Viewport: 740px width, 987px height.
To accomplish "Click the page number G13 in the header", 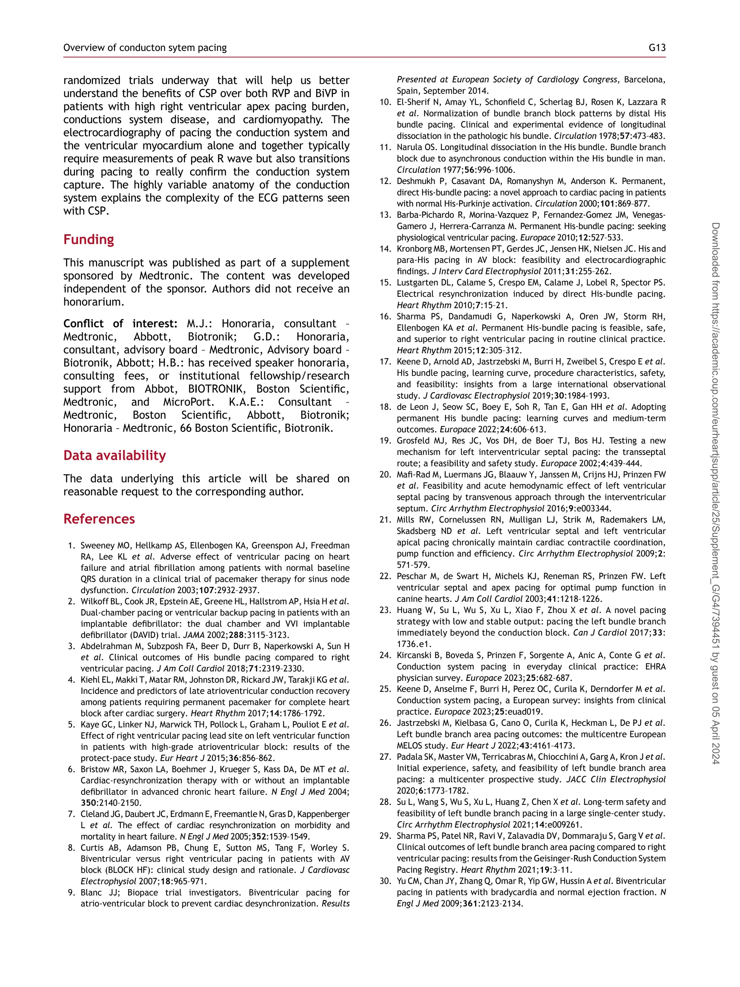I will click(657, 48).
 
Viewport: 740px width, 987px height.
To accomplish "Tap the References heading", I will click(99, 519).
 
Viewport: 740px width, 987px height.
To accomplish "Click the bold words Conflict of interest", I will click(120, 323).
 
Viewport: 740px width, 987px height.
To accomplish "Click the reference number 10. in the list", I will click(385, 102).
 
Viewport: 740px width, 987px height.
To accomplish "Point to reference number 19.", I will click(385, 441).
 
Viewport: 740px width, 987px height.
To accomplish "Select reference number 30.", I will click(385, 881).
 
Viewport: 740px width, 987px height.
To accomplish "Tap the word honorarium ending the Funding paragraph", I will click(93, 302).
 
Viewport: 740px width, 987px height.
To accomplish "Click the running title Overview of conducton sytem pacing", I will click(145, 48).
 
